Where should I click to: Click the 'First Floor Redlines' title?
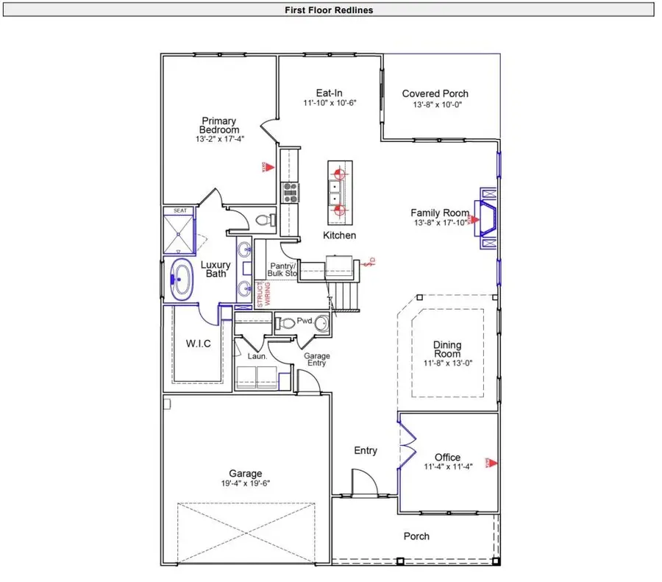click(x=330, y=10)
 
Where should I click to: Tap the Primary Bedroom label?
click(x=220, y=125)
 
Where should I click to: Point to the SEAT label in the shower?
click(x=179, y=211)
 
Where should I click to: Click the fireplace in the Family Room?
click(x=486, y=219)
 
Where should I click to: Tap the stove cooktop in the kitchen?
click(x=289, y=192)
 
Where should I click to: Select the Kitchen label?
click(x=339, y=235)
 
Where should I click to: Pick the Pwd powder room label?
click(x=304, y=322)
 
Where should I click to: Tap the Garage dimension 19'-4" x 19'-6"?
click(x=245, y=484)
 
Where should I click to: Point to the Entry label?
click(x=366, y=450)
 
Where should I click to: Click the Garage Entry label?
click(x=317, y=360)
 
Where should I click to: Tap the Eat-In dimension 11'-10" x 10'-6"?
click(x=330, y=104)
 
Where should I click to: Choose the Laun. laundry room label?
click(x=257, y=356)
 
